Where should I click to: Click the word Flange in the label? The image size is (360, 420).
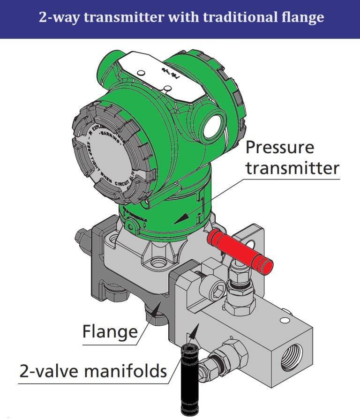[110, 332]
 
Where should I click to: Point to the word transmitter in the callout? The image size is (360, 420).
[292, 168]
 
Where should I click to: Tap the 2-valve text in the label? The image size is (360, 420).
[44, 371]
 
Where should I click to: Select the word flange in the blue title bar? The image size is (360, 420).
[301, 18]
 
